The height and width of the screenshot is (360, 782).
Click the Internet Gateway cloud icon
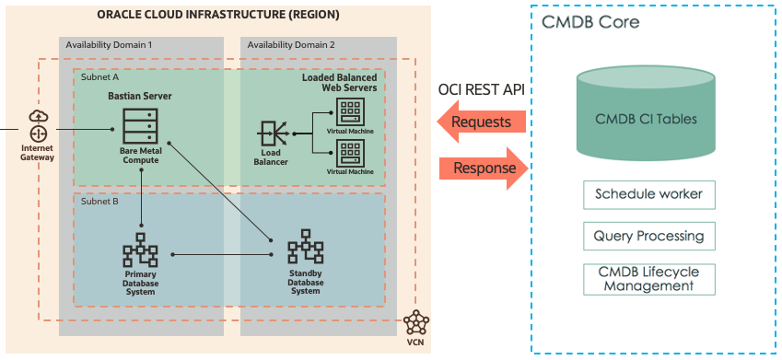(x=38, y=125)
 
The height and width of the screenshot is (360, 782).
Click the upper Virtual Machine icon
(x=350, y=113)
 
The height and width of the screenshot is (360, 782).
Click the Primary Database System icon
(x=141, y=250)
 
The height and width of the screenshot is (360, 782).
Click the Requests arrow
(x=481, y=122)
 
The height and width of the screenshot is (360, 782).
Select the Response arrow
(x=484, y=169)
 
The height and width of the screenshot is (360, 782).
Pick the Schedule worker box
(x=648, y=194)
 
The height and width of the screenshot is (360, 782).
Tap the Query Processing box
(x=648, y=236)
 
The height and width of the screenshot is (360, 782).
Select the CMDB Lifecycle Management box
(x=648, y=279)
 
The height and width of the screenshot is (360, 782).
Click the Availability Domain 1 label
(x=110, y=44)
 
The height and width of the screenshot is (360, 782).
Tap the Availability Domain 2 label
(x=291, y=44)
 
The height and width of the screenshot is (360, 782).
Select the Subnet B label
(x=99, y=200)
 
